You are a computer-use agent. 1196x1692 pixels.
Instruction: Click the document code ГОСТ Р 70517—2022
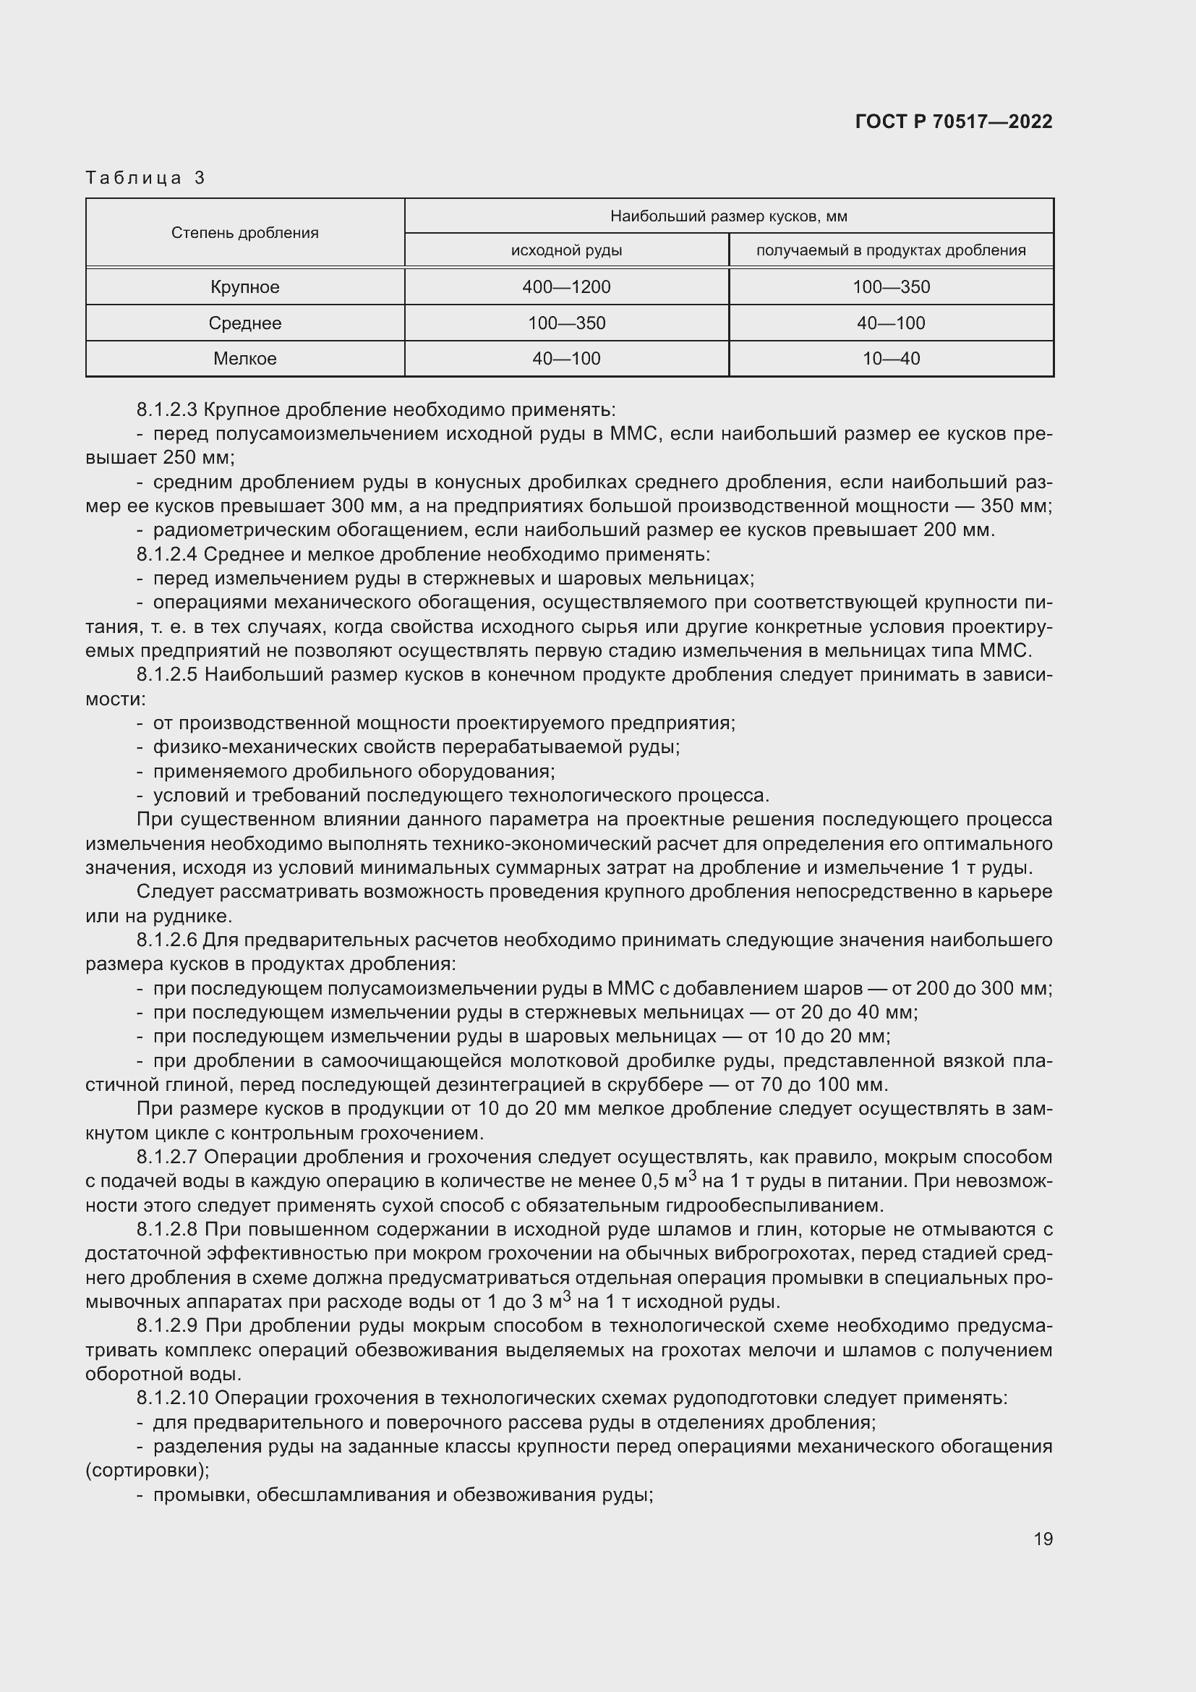coord(954,122)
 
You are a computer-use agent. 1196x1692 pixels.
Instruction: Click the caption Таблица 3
coord(145,178)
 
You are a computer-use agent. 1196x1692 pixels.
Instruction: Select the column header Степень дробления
coord(244,233)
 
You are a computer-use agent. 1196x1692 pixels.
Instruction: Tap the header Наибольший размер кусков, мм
coord(728,216)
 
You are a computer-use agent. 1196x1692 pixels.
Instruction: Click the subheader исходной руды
coord(566,250)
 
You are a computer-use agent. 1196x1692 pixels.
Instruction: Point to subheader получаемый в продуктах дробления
coord(890,250)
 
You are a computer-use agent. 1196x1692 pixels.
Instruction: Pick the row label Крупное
coord(244,287)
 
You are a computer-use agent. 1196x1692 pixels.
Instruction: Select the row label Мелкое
coord(244,359)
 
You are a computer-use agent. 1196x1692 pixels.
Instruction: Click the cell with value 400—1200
coord(566,287)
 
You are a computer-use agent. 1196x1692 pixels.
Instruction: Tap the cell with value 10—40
coord(891,359)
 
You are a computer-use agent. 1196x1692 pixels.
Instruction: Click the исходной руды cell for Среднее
coord(566,323)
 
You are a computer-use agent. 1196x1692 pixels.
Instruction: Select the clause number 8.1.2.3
coord(167,409)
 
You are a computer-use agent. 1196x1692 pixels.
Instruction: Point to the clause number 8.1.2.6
coord(167,940)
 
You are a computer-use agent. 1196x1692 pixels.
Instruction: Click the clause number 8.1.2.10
coord(173,1398)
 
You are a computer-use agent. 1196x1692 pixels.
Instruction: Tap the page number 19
coord(1043,1539)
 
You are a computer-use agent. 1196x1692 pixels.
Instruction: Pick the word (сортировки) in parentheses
coord(148,1470)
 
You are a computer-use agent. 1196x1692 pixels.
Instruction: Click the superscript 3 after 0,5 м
coord(691,1175)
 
